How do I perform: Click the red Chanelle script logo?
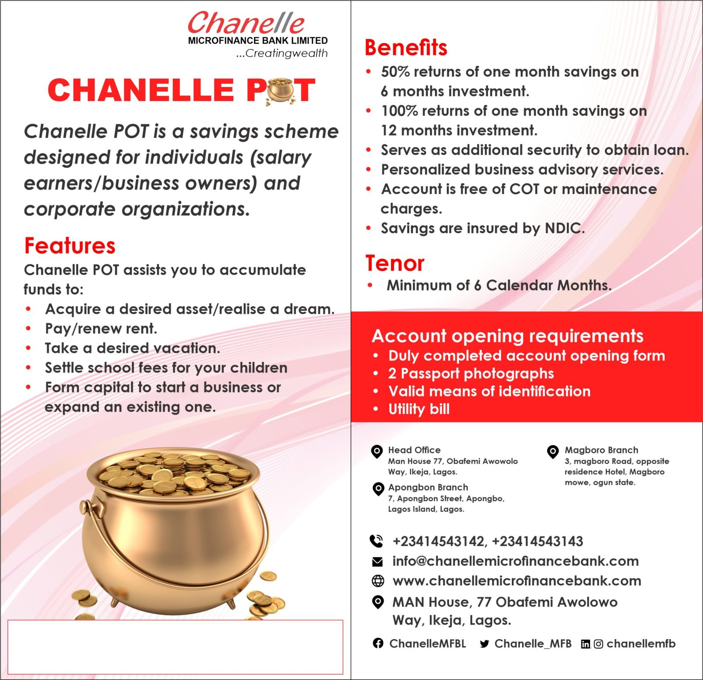pyautogui.click(x=246, y=23)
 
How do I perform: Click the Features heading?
pyautogui.click(x=70, y=246)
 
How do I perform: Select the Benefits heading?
pyautogui.click(x=406, y=47)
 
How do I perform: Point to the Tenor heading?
pyautogui.click(x=395, y=263)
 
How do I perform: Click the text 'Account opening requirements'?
pyautogui.click(x=507, y=336)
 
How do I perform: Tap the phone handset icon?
pyautogui.click(x=377, y=541)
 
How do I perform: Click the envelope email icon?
pyautogui.click(x=377, y=561)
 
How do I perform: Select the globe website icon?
pyautogui.click(x=378, y=581)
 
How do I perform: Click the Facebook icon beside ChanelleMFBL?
pyautogui.click(x=378, y=644)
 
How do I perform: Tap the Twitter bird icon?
pyautogui.click(x=485, y=644)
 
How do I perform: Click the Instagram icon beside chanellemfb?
pyautogui.click(x=598, y=644)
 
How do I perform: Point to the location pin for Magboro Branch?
pyautogui.click(x=553, y=451)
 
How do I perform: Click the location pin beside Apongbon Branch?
pyautogui.click(x=378, y=489)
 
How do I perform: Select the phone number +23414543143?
pyautogui.click(x=537, y=541)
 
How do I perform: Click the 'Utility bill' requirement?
pyautogui.click(x=419, y=409)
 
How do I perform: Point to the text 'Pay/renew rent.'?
pyautogui.click(x=101, y=329)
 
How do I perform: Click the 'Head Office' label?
pyautogui.click(x=414, y=450)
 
